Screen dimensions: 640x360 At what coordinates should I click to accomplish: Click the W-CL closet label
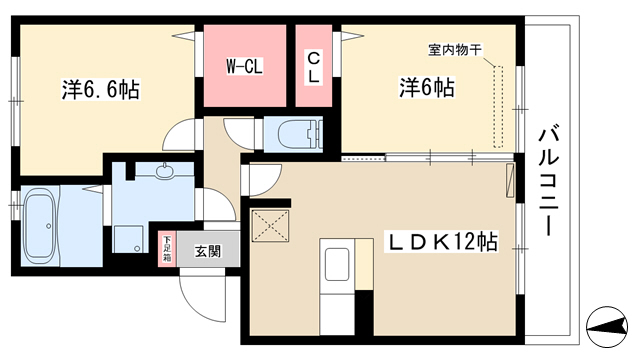coord(244,67)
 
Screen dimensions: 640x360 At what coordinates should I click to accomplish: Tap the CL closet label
coord(313,68)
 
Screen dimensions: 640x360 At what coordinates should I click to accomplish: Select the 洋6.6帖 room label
coord(101,89)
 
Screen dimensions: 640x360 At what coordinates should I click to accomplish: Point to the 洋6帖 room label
coord(427,87)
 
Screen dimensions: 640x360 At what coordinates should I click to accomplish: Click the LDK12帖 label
coord(442,242)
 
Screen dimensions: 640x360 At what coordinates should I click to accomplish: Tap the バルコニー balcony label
coord(548,180)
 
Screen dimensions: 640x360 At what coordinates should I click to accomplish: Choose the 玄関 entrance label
coord(208,251)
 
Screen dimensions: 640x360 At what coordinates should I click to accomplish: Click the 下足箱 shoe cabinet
coord(167,249)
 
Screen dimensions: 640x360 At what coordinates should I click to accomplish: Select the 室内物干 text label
coord(455,50)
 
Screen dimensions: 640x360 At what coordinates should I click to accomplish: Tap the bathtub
coord(38,226)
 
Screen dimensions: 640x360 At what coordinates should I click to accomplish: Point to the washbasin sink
coord(164,171)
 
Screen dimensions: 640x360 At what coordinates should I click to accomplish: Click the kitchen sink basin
coord(337,264)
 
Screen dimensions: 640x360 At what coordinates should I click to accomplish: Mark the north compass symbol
coord(607,327)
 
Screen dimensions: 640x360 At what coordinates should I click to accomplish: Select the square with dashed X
coord(270,226)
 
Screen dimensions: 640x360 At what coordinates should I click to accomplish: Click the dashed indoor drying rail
coord(498,106)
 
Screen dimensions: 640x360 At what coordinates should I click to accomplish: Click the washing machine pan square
coord(128,239)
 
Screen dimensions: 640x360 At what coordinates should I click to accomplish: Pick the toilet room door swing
coord(240,133)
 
